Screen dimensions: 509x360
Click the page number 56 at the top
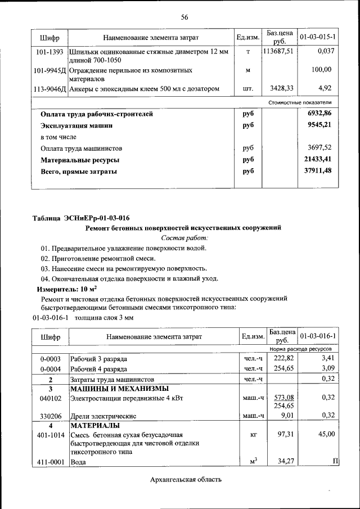[x=184, y=17]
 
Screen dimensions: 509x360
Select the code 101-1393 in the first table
[x=49, y=52]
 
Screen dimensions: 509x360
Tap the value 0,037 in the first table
[x=326, y=52]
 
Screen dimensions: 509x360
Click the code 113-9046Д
[x=50, y=88]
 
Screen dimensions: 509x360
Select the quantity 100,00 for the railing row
[x=322, y=70]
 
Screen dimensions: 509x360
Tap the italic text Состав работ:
[x=183, y=238]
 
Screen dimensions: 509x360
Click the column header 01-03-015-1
[x=318, y=38]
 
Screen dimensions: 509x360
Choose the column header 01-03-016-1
[x=318, y=336]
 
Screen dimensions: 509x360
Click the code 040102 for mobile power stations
[x=50, y=398]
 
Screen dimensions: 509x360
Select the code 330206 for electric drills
[x=50, y=416]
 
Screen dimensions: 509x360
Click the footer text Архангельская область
[x=186, y=479]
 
